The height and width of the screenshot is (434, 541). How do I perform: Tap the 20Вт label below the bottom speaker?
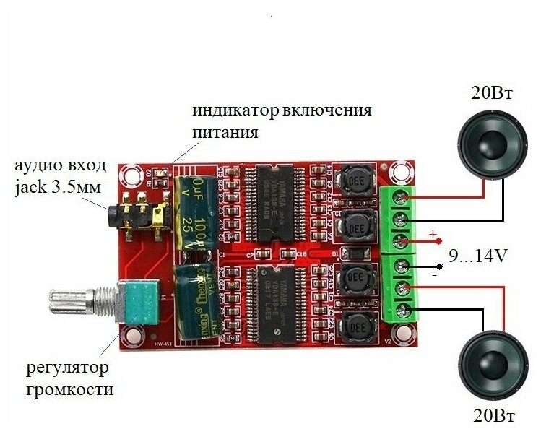[494, 417]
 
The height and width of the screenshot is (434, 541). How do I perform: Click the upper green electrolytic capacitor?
[191, 208]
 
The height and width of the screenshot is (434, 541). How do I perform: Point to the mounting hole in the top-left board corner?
[131, 173]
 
